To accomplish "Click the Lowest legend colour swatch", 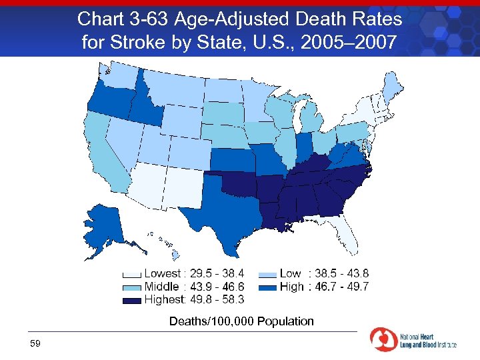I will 132,274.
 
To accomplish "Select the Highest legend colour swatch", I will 132,301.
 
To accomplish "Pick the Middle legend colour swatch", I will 132,287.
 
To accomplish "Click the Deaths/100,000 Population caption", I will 241,321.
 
